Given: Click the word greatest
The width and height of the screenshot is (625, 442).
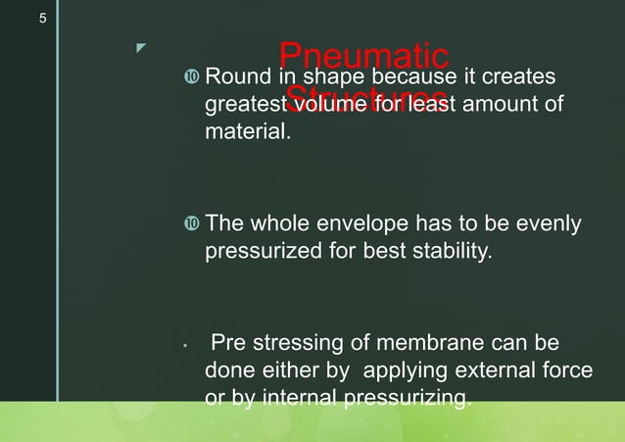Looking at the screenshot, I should pos(243,104).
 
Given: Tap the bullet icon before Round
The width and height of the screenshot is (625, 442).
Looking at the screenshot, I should pos(190,77).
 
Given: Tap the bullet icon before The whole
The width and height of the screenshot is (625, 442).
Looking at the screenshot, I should pos(190,226).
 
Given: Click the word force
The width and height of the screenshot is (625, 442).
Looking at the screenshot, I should pos(568,371).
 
